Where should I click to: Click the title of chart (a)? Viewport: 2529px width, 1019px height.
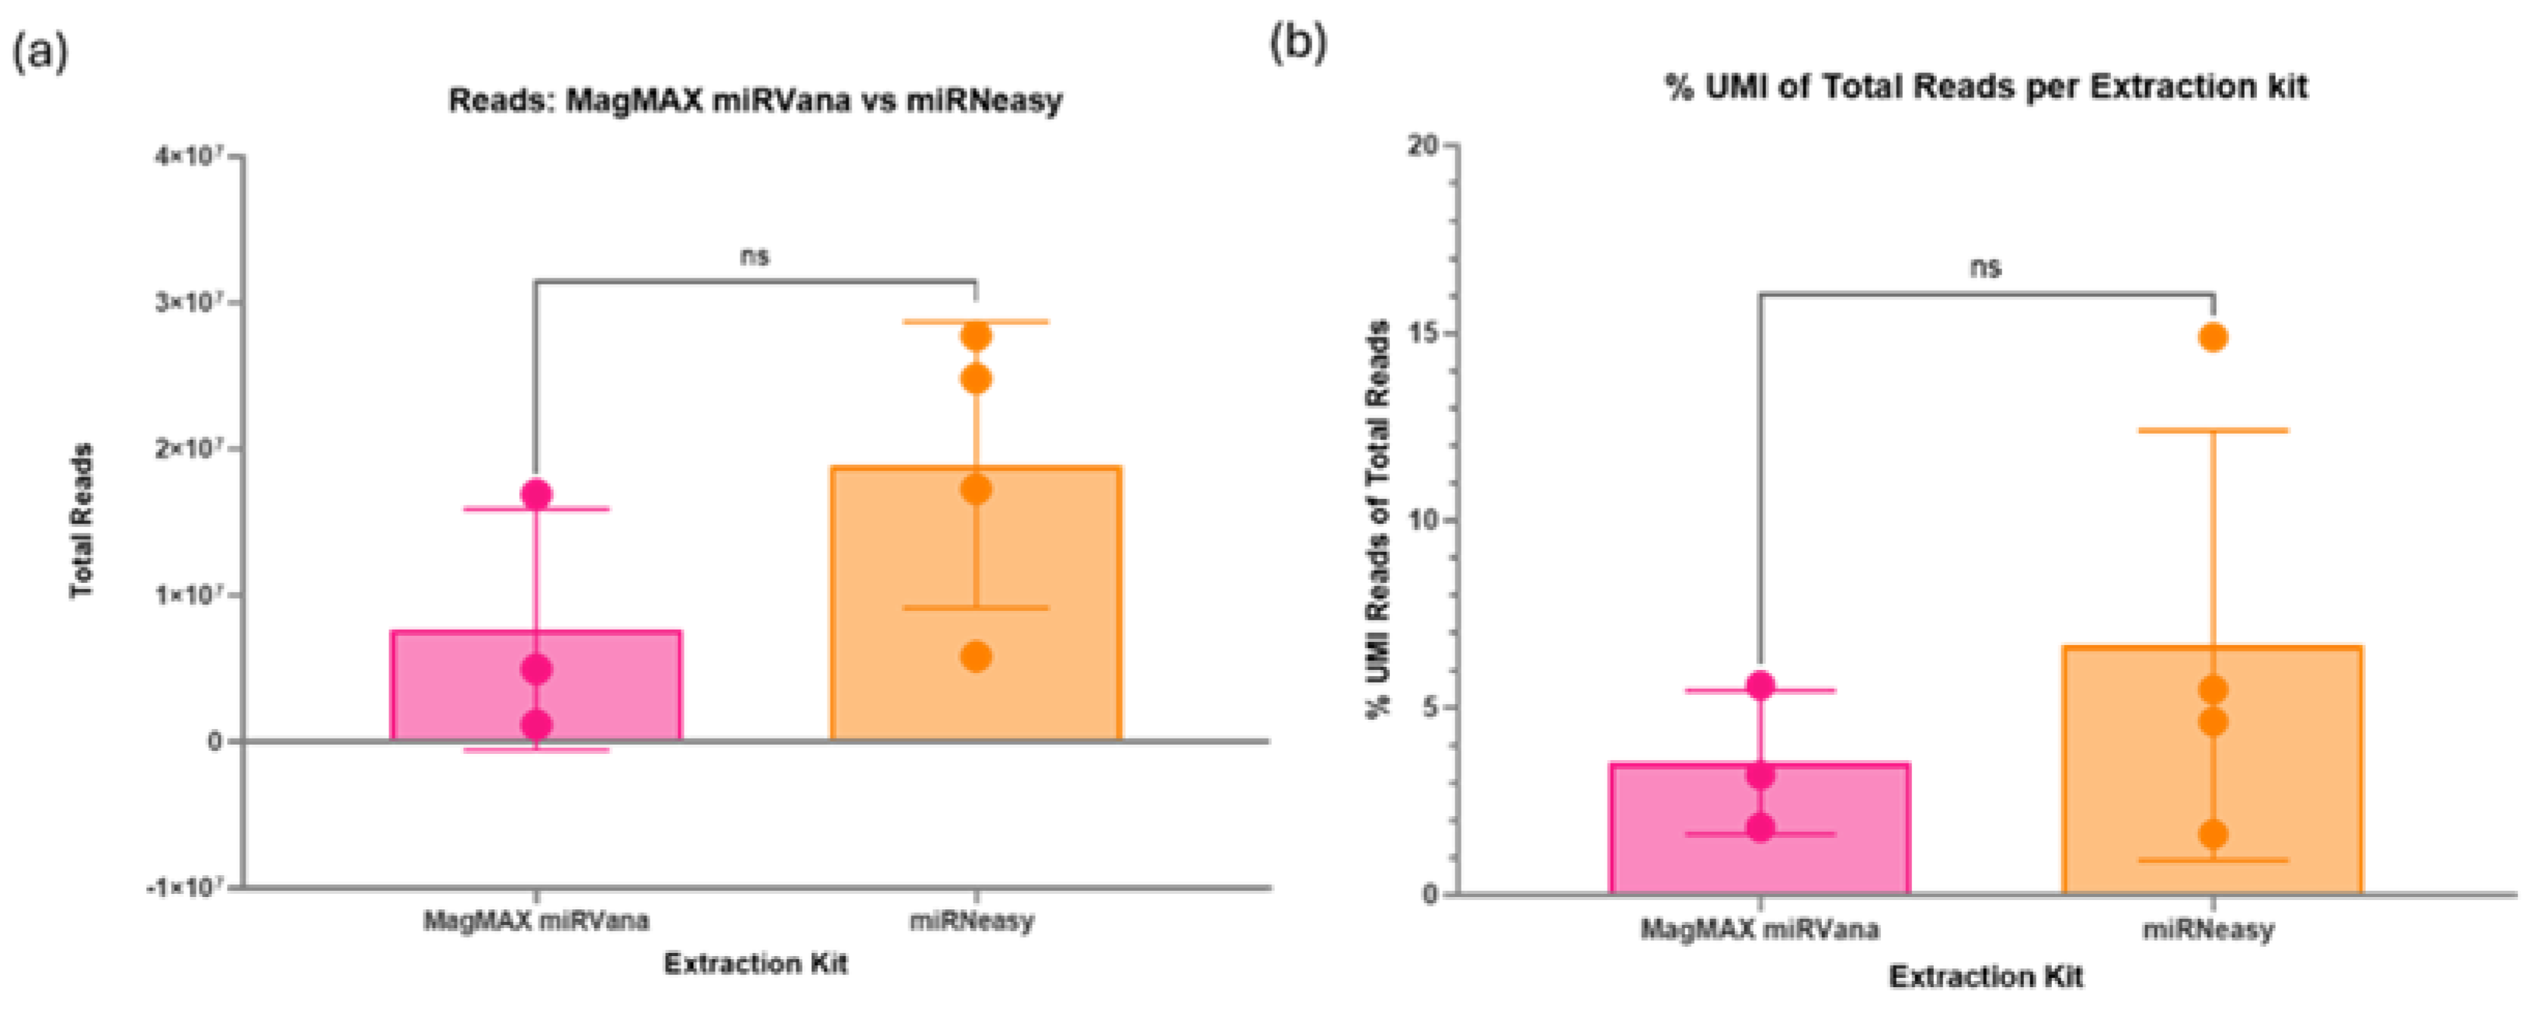click(755, 101)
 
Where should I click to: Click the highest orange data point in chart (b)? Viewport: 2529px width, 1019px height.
click(2213, 337)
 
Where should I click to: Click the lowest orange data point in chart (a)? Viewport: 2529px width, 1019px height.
click(975, 657)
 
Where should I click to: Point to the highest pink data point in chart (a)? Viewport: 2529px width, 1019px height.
click(536, 494)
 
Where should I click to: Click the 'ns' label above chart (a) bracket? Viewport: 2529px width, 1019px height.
click(754, 257)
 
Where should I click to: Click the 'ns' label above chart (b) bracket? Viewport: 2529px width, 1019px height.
click(1985, 268)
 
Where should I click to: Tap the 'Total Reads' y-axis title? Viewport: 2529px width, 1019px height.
click(82, 520)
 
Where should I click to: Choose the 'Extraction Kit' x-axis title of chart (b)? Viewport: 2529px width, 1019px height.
click(1985, 977)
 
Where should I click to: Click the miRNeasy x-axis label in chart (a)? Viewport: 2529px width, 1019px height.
click(971, 922)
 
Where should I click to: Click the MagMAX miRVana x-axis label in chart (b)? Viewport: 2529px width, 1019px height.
click(1759, 929)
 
